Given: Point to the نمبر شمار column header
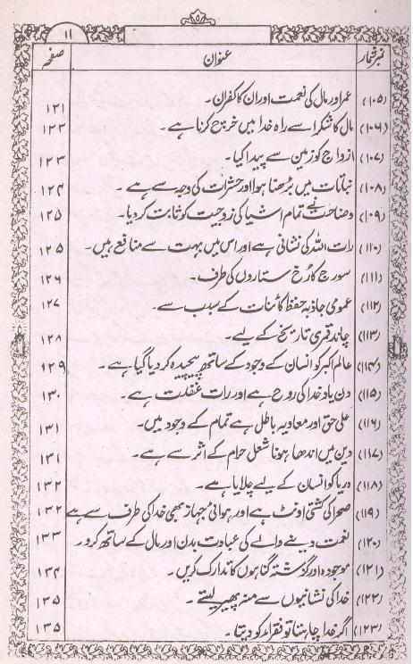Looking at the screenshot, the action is pos(375,63).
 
